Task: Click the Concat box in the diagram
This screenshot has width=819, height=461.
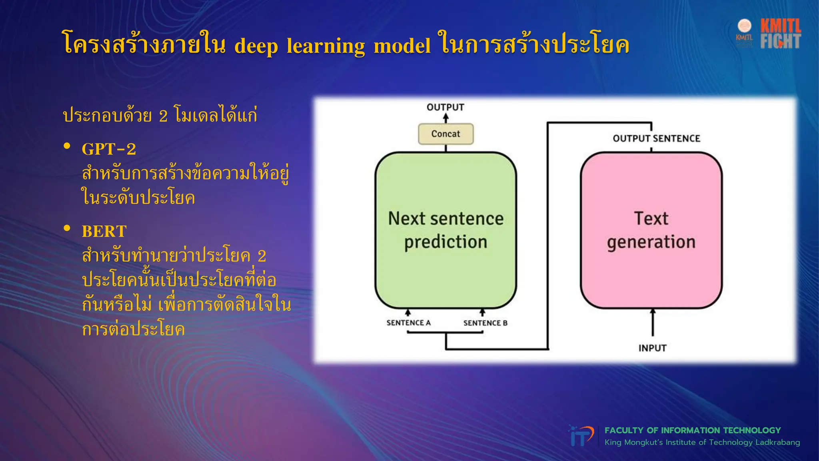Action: [445, 134]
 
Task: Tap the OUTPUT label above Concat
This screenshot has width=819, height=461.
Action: [445, 107]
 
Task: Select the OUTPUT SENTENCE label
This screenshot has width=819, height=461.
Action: [656, 138]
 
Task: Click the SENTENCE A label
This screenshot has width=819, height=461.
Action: [408, 323]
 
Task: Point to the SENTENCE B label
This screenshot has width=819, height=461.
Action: [485, 323]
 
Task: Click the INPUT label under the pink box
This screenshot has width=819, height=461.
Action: [652, 348]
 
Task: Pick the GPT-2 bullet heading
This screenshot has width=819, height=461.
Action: [109, 149]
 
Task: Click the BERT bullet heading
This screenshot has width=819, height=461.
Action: [104, 231]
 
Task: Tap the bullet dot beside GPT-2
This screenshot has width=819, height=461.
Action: [67, 146]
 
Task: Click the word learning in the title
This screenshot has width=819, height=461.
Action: [326, 46]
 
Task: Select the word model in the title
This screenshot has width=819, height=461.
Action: [402, 46]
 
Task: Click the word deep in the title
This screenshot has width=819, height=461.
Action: [256, 46]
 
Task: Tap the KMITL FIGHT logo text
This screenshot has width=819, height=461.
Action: [780, 34]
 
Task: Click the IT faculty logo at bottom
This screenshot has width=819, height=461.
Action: [581, 436]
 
